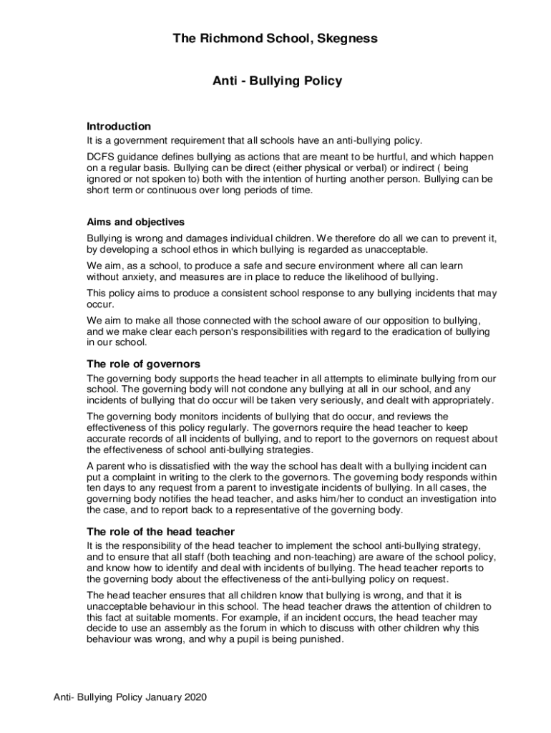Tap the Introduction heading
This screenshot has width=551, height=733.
tap(119, 126)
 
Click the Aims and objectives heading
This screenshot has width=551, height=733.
tap(135, 222)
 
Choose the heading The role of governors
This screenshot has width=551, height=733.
tap(143, 364)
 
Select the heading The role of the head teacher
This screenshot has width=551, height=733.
tap(160, 531)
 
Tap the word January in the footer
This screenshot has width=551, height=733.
tap(157, 696)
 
